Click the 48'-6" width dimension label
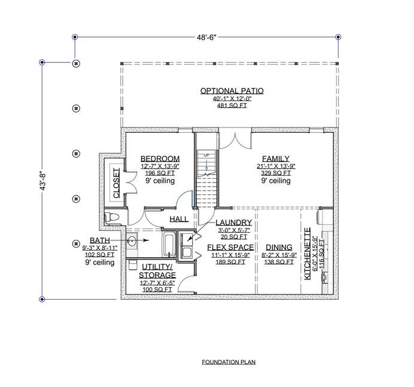206,37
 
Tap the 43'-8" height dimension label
43,181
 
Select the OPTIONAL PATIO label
232,91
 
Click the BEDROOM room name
160,159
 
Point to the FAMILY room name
276,159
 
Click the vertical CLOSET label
116,183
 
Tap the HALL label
179,219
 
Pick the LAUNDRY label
234,223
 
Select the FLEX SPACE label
230,248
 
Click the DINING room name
279,248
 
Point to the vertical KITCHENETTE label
308,254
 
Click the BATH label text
100,240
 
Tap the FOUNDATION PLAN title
229,362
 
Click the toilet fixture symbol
112,218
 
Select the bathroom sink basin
132,240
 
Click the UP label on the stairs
206,156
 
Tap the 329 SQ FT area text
276,173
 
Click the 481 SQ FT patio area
232,106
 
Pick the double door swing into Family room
235,140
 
